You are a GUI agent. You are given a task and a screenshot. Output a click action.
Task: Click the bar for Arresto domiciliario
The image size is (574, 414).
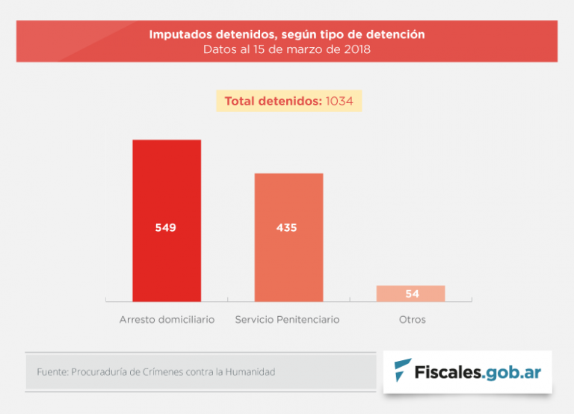(x=167, y=187)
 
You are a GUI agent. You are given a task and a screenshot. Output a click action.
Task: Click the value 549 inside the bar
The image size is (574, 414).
(x=166, y=228)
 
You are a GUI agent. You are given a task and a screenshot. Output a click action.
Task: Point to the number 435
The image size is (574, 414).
(x=287, y=228)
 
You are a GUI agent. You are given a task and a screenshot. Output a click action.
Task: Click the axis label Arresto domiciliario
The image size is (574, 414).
(x=167, y=320)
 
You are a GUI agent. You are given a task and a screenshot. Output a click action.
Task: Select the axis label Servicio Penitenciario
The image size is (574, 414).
(x=287, y=320)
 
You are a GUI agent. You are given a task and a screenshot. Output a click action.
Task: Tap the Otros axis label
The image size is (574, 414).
(x=412, y=320)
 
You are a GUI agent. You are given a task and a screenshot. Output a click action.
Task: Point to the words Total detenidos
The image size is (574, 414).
(x=273, y=101)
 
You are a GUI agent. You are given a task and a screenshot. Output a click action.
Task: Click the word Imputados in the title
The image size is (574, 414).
(x=178, y=34)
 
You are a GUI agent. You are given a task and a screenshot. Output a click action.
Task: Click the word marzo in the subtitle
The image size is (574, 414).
(x=302, y=50)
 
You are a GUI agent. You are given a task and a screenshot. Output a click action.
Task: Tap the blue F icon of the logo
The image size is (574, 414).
(x=402, y=371)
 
